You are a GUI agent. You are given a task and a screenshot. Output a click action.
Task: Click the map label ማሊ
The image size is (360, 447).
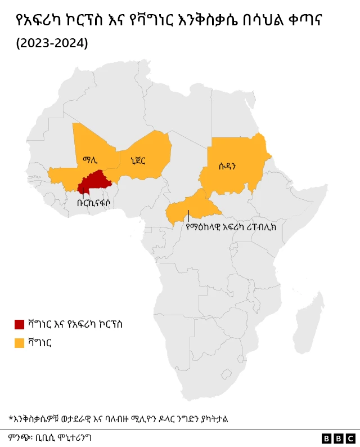click(x=90, y=160)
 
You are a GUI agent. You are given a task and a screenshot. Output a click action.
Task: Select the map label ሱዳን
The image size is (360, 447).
click(x=227, y=166)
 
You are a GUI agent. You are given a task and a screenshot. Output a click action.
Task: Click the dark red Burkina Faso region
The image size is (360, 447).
click(x=93, y=181)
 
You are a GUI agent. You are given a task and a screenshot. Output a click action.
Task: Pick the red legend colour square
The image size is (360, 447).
click(x=19, y=324)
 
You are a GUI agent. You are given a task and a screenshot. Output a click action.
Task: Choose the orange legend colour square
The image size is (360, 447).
click(x=19, y=342)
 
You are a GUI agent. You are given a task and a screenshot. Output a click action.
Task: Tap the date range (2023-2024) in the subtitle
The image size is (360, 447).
click(x=52, y=43)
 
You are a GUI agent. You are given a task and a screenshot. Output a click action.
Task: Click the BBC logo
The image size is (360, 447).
click(x=338, y=438)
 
